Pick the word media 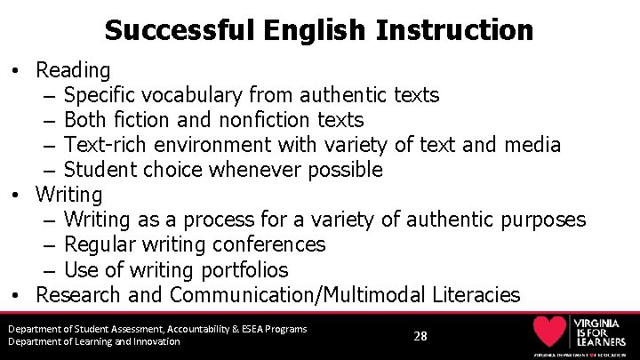point(532,144)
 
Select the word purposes point(543,219)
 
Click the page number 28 point(420,336)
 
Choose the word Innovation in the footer point(153,341)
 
